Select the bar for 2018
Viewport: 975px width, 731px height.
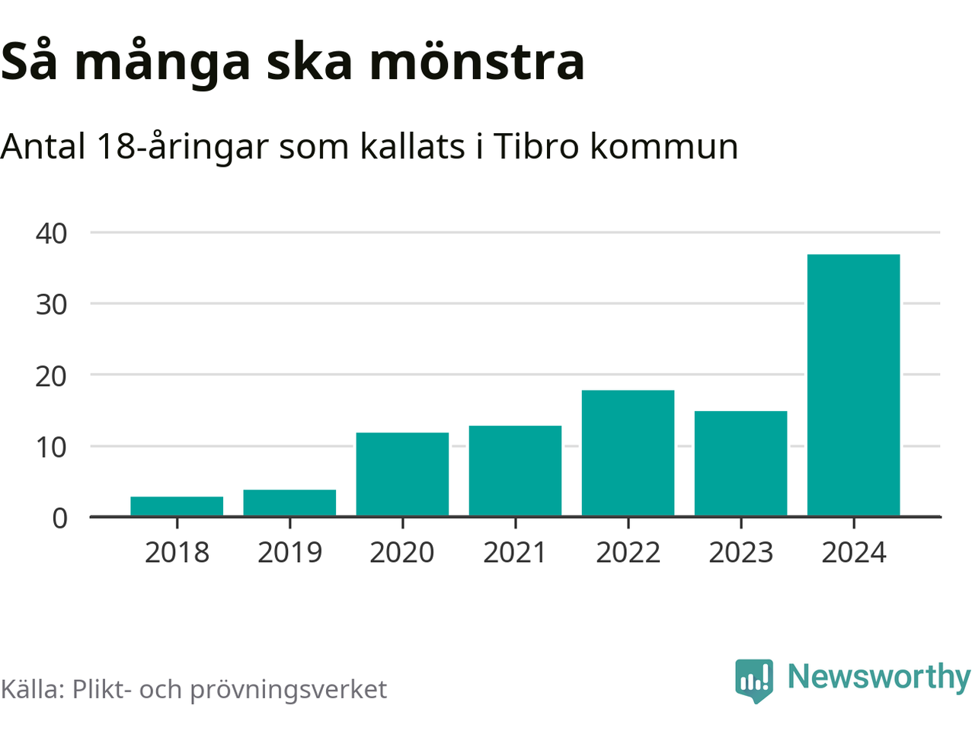[x=177, y=506]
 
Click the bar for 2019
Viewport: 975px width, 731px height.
[x=289, y=503]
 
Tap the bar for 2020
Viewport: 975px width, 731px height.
[x=402, y=474]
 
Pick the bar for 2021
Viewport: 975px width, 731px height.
[x=515, y=471]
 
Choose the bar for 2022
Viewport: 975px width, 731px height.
[x=628, y=453]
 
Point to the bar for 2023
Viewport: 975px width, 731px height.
[x=740, y=464]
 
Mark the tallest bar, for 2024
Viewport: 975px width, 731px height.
[x=853, y=385]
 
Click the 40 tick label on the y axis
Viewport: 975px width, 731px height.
[x=51, y=233]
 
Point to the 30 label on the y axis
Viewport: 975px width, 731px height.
[x=51, y=305]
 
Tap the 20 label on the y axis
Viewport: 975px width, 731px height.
[x=51, y=375]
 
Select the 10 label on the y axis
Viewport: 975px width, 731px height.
[x=51, y=447]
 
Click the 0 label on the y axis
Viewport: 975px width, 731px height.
[x=59, y=519]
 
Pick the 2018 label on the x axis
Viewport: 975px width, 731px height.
[x=177, y=553]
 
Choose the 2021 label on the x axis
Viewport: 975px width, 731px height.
[x=515, y=553]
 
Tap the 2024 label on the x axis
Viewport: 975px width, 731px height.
[x=853, y=553]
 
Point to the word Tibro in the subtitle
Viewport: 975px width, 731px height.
[x=536, y=145]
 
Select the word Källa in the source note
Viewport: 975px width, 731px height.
[x=32, y=689]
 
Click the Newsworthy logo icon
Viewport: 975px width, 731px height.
[x=754, y=680]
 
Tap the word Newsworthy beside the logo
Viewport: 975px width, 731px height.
[x=879, y=677]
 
